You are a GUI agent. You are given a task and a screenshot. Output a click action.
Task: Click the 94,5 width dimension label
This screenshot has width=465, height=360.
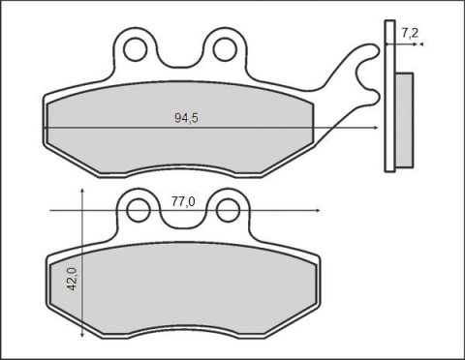tap(187, 117)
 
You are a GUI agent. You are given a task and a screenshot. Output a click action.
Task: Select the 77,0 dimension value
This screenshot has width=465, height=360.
tap(183, 201)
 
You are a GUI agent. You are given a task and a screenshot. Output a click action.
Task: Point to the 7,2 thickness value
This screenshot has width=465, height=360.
tap(410, 33)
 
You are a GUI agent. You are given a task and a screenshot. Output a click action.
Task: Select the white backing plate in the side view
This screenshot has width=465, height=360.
tap(389, 97)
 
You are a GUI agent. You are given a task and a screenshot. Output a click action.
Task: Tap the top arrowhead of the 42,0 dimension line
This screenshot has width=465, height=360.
tap(83, 192)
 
